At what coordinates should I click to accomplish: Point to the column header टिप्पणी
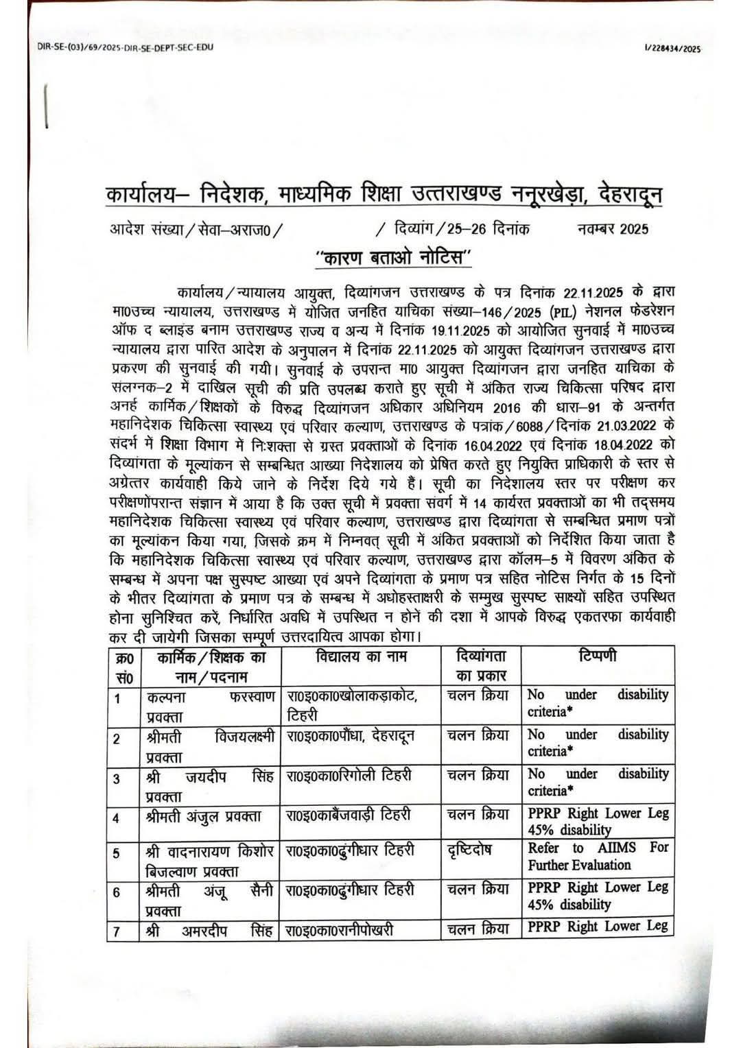(596, 656)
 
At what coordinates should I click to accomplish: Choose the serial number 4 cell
(117, 818)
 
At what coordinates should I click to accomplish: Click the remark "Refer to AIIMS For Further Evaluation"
(597, 856)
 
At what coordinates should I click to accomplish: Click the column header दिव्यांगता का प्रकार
(480, 666)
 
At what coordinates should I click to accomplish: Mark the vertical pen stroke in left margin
(47, 107)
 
